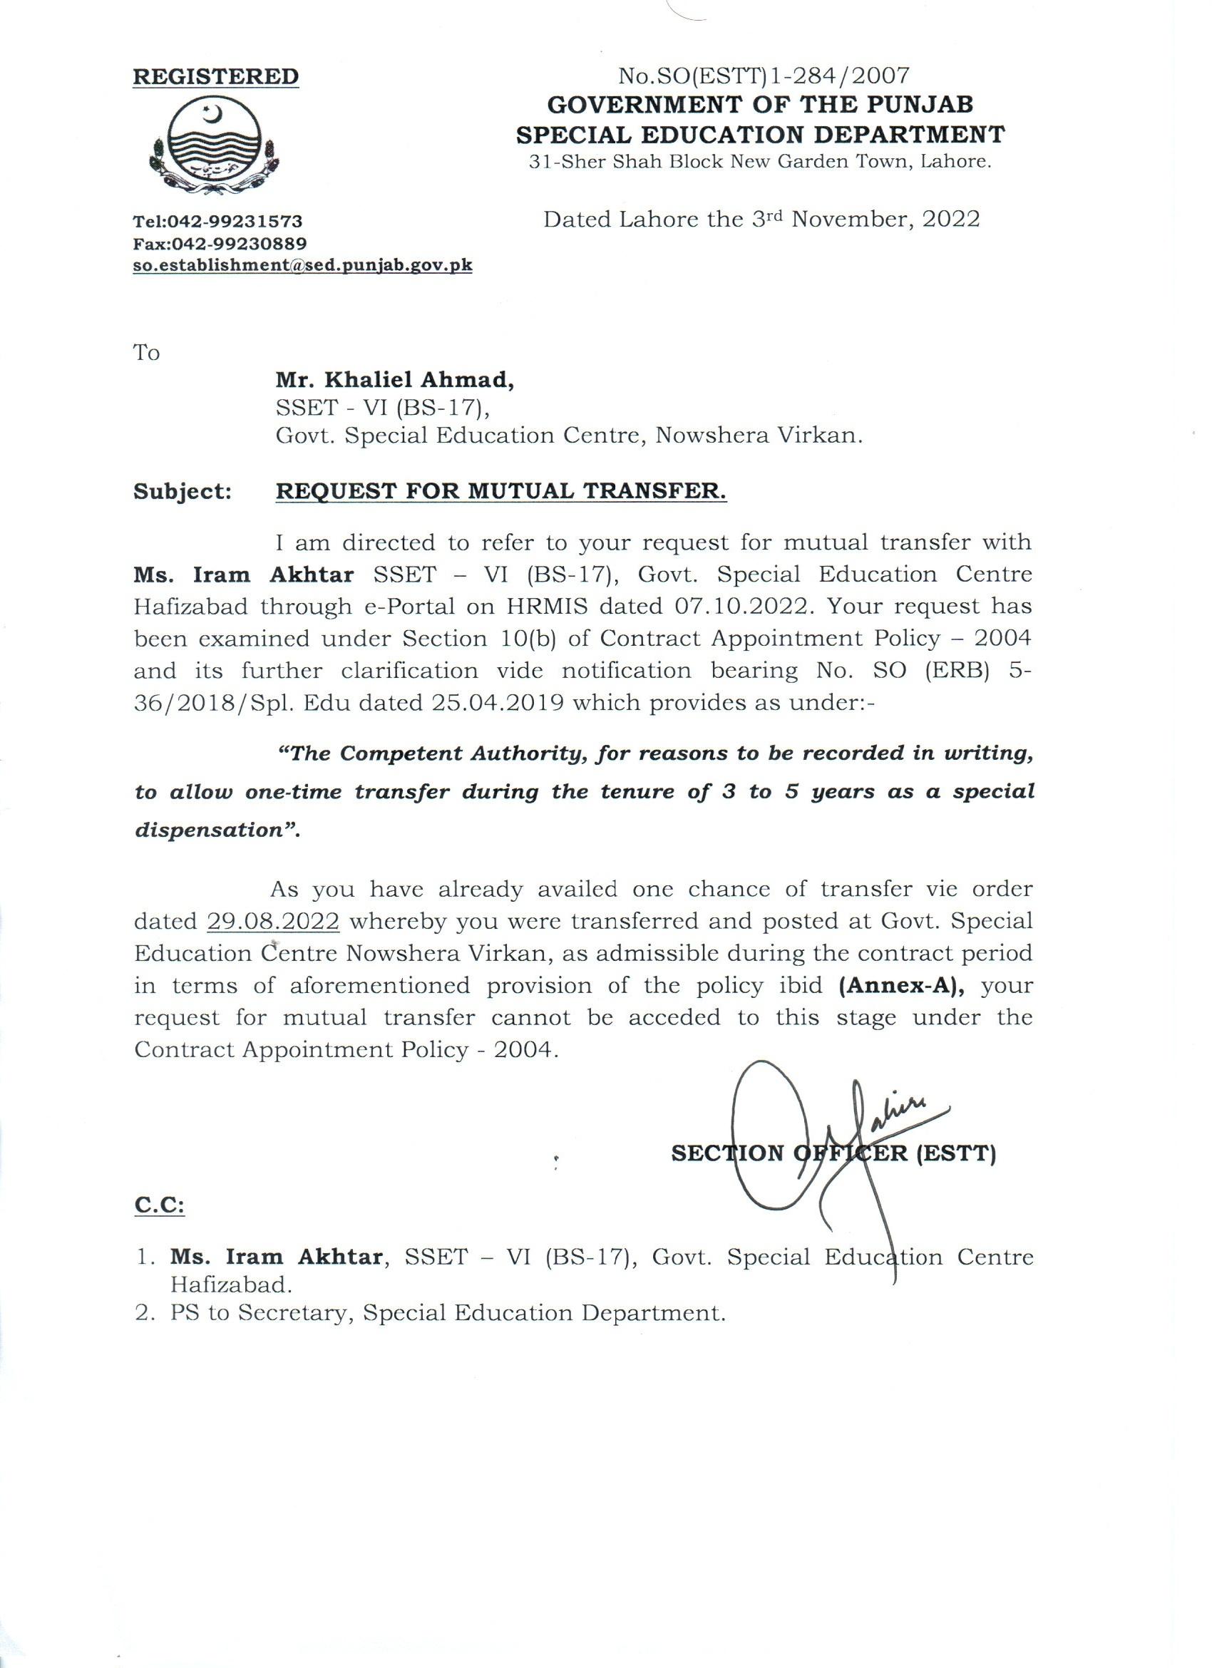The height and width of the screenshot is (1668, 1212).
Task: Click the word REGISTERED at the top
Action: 215,77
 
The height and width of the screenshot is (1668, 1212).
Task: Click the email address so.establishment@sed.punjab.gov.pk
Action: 302,265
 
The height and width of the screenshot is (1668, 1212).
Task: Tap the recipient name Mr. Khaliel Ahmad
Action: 394,380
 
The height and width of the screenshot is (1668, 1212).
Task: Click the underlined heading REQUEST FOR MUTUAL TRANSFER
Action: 500,491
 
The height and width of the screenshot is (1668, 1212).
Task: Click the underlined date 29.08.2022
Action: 273,921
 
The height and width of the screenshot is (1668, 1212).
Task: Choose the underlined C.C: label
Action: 159,1205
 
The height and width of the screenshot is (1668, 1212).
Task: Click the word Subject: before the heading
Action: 183,491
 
